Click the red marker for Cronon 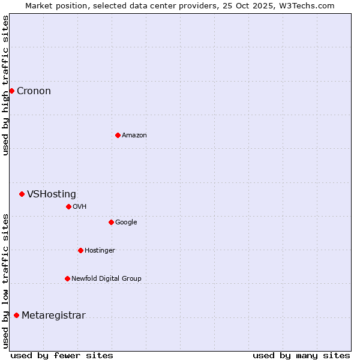point(11,91)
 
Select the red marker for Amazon point(118,135)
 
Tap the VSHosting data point point(22,194)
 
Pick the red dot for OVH point(68,206)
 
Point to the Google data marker point(111,222)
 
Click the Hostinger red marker point(80,250)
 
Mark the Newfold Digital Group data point point(67,278)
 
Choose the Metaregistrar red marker point(16,315)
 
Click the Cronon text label point(34,91)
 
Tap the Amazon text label point(134,136)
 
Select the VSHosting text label point(52,194)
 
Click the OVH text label point(80,207)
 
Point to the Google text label point(126,223)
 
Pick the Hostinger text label point(100,251)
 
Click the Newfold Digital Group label point(106,279)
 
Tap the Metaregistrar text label point(53,316)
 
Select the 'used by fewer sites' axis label point(62,355)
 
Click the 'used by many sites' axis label point(301,355)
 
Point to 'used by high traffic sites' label point(6,85)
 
